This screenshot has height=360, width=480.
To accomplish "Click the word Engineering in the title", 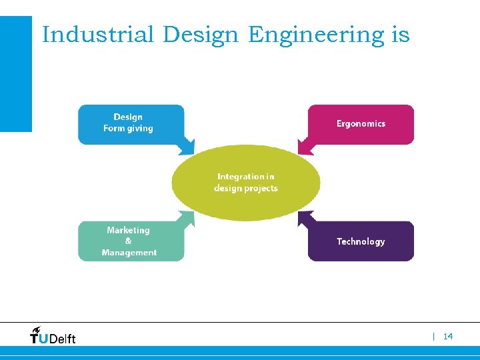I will [x=317, y=35].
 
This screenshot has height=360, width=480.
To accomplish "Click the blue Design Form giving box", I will [x=131, y=124].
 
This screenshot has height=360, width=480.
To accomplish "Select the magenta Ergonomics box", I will [x=361, y=124].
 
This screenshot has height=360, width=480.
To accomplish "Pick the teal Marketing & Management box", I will [x=129, y=241].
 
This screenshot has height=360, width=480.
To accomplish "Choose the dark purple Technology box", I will [x=361, y=241].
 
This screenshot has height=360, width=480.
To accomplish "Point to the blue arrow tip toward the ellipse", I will [x=191, y=151].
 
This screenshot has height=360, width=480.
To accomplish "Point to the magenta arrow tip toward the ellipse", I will [x=301, y=151].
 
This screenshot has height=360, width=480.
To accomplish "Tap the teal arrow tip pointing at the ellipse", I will [x=191, y=215].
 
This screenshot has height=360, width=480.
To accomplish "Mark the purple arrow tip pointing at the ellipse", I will [x=301, y=215].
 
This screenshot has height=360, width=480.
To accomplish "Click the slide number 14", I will [x=447, y=337].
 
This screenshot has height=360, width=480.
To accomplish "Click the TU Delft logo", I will [x=53, y=335].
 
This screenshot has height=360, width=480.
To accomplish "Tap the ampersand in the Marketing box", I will [x=129, y=241].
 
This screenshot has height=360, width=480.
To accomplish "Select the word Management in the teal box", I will [x=129, y=253].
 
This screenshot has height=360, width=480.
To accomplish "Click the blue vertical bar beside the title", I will [x=15, y=73].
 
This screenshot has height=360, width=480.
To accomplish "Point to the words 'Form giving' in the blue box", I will [x=128, y=129].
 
